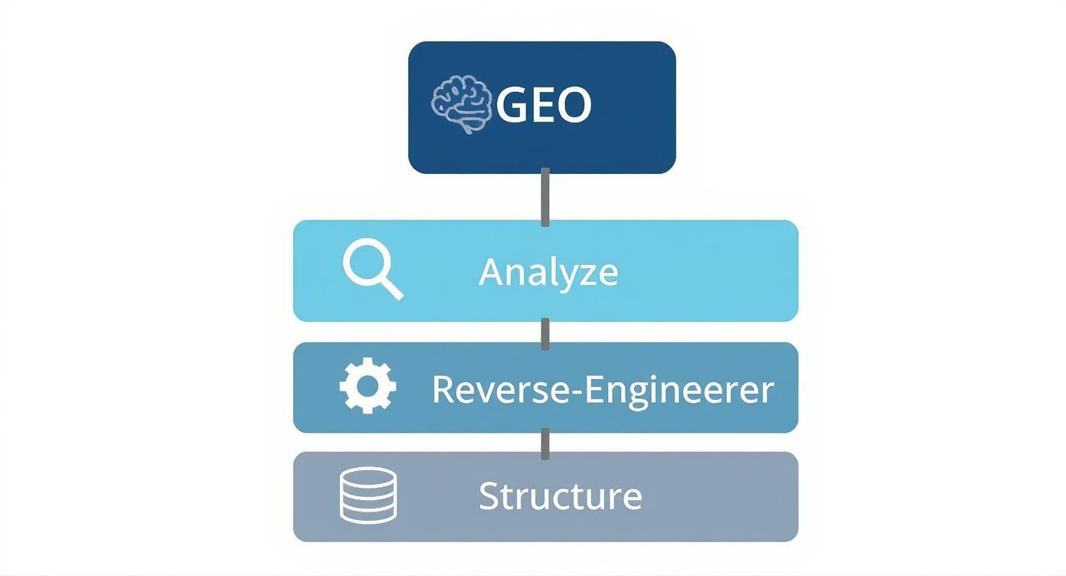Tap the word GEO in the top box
coord(544,106)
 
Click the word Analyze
coord(548,272)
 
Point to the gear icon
coord(368,387)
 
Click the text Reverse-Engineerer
coord(603,389)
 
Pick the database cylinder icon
coord(368,496)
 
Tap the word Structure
coord(560,496)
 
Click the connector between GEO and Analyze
coord(545,197)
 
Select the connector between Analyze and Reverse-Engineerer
coord(545,332)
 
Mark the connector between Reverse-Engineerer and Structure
coord(545,443)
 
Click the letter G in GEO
coord(512,106)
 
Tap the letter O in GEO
coord(574,106)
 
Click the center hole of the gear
coord(368,387)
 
